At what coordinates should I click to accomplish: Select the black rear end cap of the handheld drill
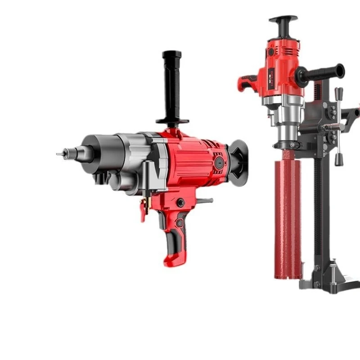(x=238, y=162)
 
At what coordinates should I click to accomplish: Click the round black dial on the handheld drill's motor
(x=219, y=162)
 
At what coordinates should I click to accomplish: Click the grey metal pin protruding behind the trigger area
(x=205, y=201)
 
